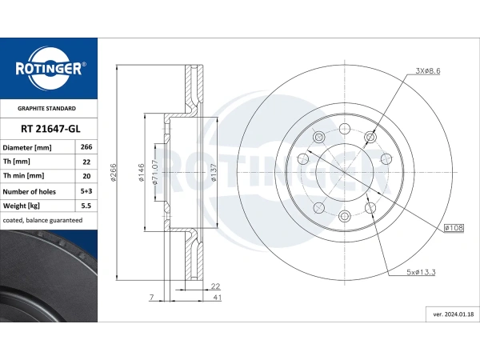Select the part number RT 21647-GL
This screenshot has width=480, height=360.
pos(50,129)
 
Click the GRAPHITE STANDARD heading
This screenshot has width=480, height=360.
pos(46,108)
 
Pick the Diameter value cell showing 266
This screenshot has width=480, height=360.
pos(86,147)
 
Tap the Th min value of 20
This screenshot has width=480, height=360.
pos(86,176)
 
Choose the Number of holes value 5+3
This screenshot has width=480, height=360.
pos(86,191)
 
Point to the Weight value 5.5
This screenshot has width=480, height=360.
pos(86,206)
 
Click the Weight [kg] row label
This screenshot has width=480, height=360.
pos(22,206)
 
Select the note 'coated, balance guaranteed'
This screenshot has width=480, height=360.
pos(42,220)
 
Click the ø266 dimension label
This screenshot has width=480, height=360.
pos(114,172)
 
